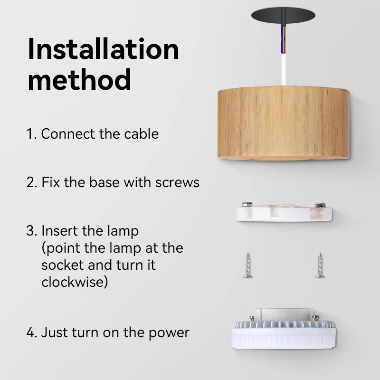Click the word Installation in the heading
pyautogui.click(x=103, y=49)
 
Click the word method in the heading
pyautogui.click(x=79, y=79)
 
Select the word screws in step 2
pyautogui.click(x=177, y=182)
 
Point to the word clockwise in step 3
pyautogui.click(x=74, y=282)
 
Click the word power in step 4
pyautogui.click(x=169, y=332)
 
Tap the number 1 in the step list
pyautogui.click(x=30, y=134)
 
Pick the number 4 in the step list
pyautogui.click(x=31, y=332)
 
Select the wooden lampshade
pyautogui.click(x=284, y=122)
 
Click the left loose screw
pyautogui.click(x=247, y=265)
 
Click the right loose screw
pyautogui.click(x=320, y=265)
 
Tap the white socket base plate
pyautogui.click(x=284, y=213)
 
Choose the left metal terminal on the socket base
pyautogui.click(x=247, y=205)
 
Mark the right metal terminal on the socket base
pyautogui.click(x=320, y=205)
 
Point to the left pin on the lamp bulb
pyautogui.click(x=251, y=318)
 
